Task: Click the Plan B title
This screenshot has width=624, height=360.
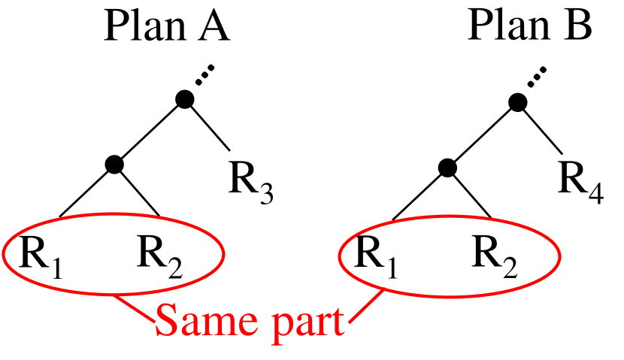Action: coord(529,28)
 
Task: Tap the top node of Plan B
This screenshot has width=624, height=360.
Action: coord(517,100)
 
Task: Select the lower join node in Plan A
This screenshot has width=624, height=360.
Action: coord(114,163)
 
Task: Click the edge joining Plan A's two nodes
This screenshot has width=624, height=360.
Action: coord(148,130)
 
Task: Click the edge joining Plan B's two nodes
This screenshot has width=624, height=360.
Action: coord(483,133)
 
